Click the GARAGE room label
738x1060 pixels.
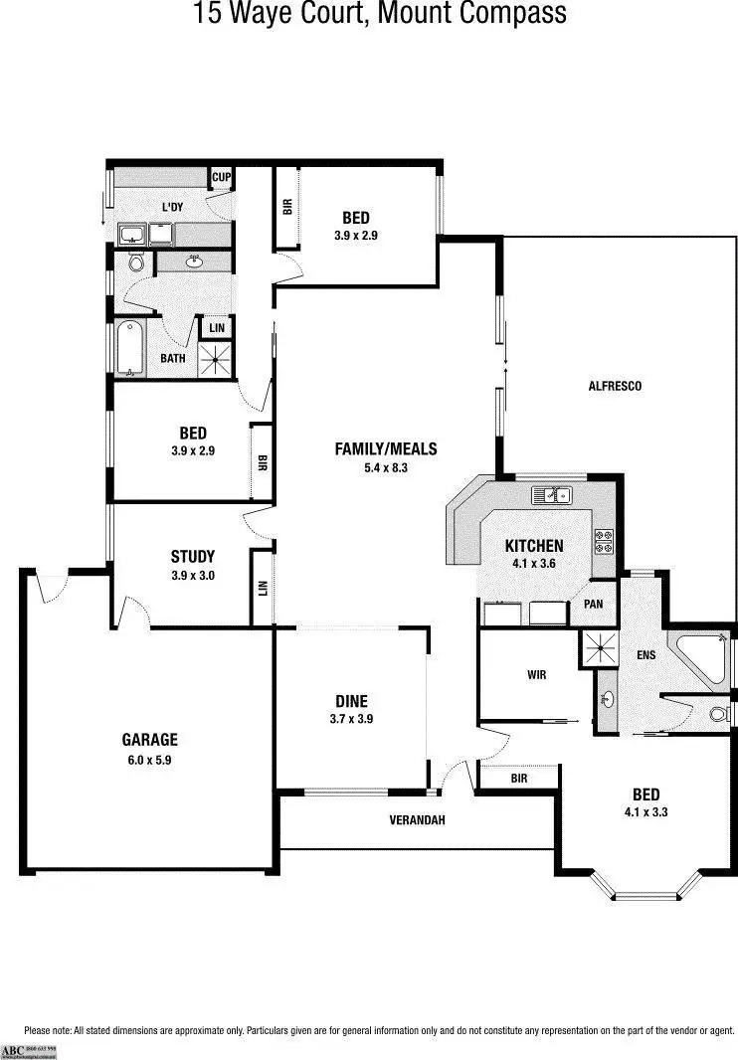[149, 739]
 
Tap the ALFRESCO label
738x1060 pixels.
[616, 386]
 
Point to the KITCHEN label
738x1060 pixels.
[534, 546]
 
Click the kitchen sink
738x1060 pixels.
[549, 494]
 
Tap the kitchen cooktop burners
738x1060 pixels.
[604, 541]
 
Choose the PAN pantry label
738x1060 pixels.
[593, 604]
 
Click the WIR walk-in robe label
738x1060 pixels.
[537, 674]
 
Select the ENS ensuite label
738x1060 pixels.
[646, 655]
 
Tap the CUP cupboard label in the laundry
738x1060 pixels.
[221, 178]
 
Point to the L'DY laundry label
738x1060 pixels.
[173, 207]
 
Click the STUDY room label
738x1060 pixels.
[192, 557]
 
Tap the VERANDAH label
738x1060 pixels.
[416, 820]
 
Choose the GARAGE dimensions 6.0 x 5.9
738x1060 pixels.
[149, 760]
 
